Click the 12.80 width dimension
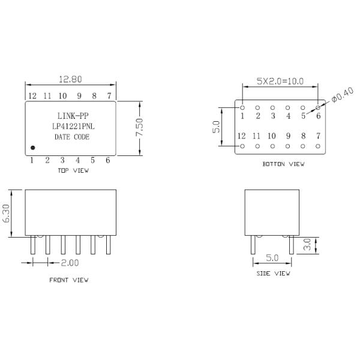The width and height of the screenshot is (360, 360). tap(70, 79)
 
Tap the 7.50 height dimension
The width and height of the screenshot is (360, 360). tap(139, 127)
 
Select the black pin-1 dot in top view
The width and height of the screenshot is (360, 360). tap(33, 148)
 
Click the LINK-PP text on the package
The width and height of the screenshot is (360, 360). tap(73, 116)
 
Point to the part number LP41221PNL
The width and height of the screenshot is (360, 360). tap(73, 127)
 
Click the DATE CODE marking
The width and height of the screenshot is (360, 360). tap(72, 137)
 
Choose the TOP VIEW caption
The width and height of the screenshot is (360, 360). tap(73, 170)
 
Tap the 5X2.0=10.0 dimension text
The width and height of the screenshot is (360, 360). tap(280, 81)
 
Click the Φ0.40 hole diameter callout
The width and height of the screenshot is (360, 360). tap(343, 95)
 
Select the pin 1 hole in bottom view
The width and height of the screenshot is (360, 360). tap(242, 107)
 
